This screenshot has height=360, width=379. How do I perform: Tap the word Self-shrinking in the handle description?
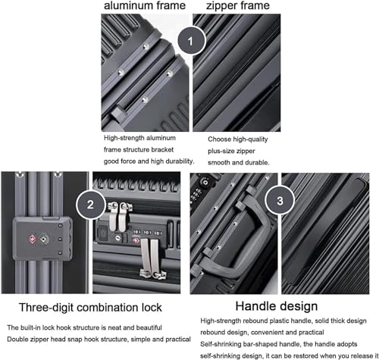pyautogui.click(x=227, y=345)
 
